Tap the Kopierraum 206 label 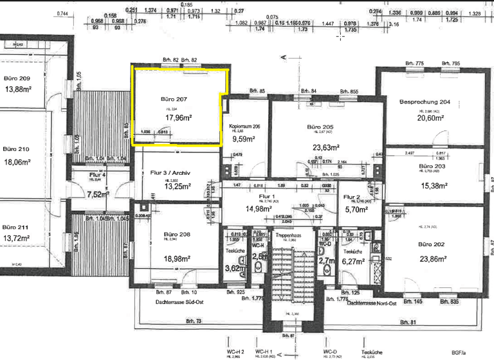(244, 127)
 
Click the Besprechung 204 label (424, 102)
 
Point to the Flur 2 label (352, 197)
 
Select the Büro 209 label (15, 78)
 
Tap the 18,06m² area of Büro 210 (18, 163)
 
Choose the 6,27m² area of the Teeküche (353, 262)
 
